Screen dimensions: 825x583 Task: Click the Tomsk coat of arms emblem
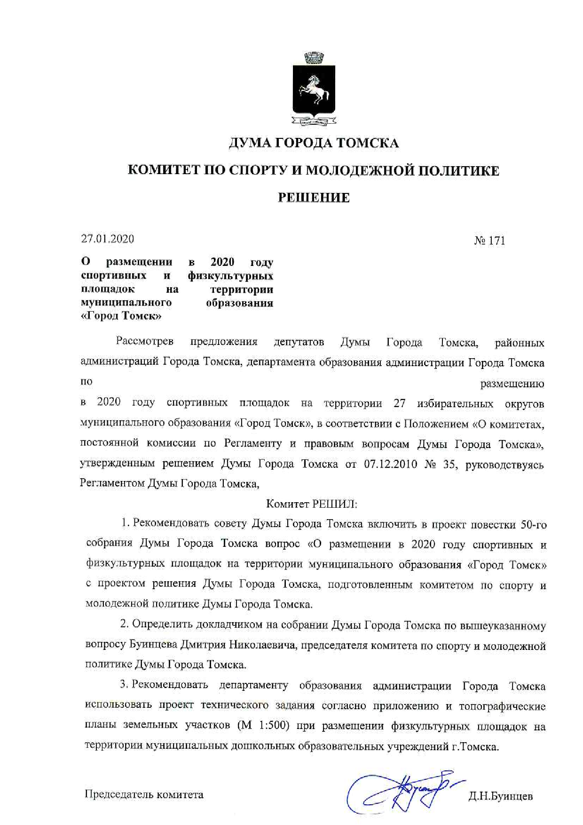pyautogui.click(x=314, y=90)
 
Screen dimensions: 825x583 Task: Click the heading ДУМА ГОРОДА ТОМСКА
pyautogui.click(x=314, y=143)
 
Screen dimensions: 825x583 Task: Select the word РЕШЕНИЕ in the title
pyautogui.click(x=314, y=198)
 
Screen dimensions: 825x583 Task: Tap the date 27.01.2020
pyautogui.click(x=107, y=239)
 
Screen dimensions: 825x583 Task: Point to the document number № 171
pyautogui.click(x=489, y=241)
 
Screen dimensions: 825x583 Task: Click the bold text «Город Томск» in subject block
pyautogui.click(x=121, y=316)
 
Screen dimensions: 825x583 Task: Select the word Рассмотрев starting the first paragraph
pyautogui.click(x=145, y=342)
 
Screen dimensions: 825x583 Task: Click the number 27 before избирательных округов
pyautogui.click(x=399, y=403)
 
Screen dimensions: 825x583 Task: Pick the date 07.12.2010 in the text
pyautogui.click(x=390, y=465)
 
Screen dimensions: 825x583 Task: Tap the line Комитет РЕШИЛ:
pyautogui.click(x=312, y=504)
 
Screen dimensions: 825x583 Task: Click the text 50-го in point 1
pyautogui.click(x=534, y=525)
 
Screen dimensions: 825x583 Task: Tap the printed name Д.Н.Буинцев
pyautogui.click(x=500, y=796)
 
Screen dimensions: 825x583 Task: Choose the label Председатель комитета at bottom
pyautogui.click(x=144, y=795)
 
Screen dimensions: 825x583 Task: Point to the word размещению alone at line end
pyautogui.click(x=512, y=384)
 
